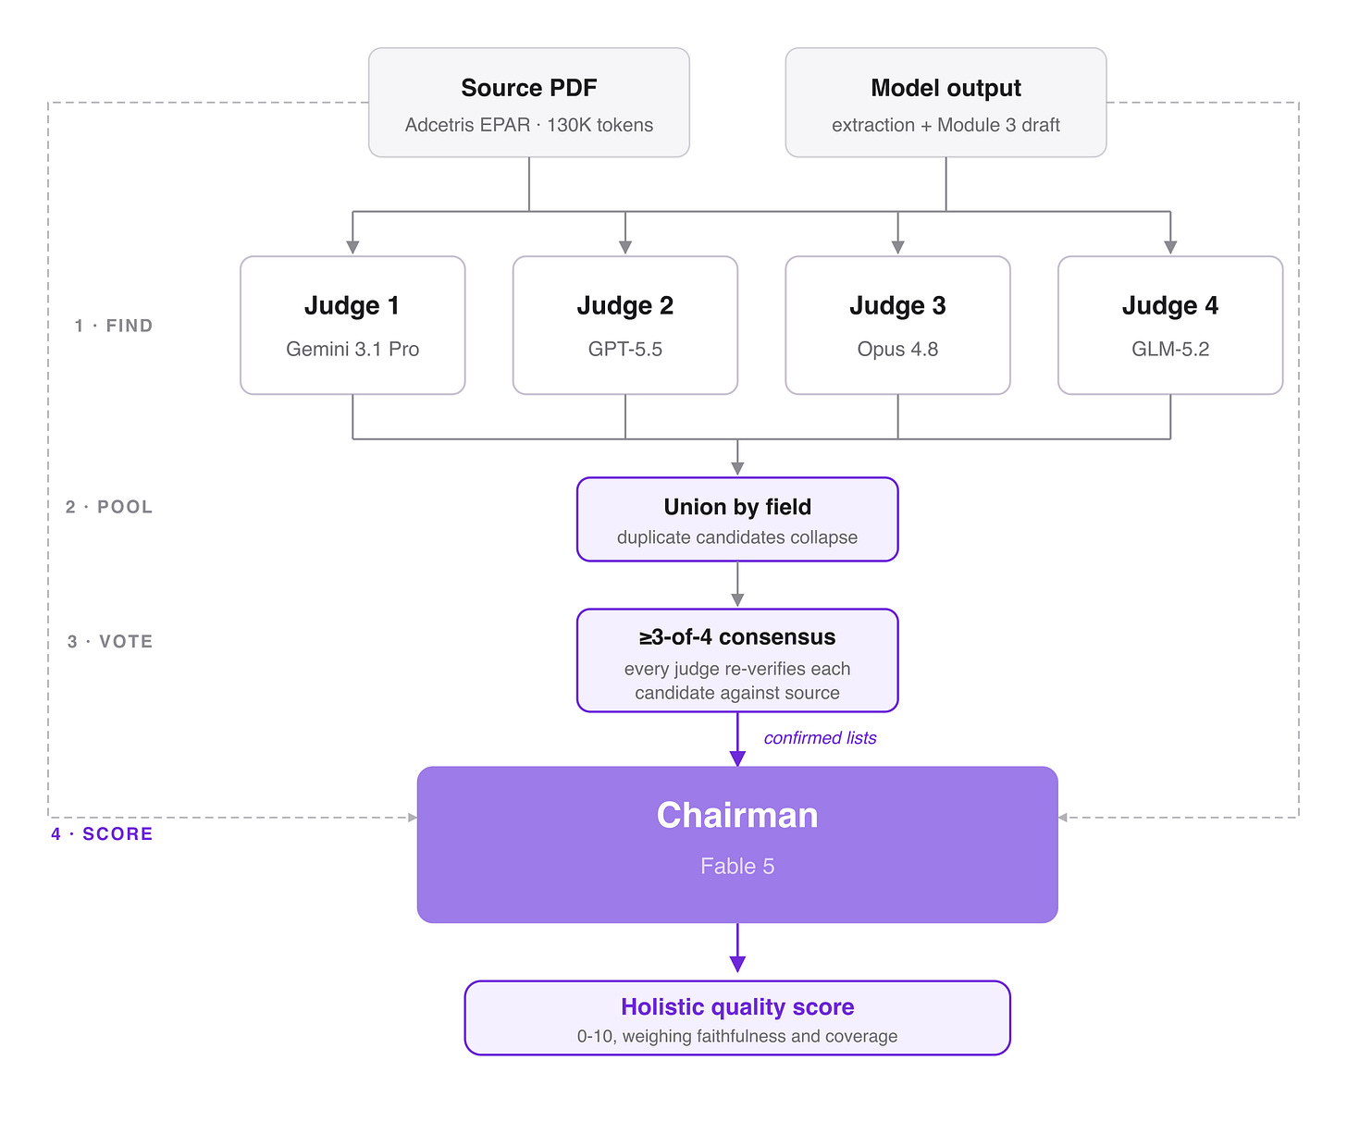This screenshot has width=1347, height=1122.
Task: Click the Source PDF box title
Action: (x=528, y=88)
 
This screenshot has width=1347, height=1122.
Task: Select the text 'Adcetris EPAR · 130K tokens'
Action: (x=528, y=125)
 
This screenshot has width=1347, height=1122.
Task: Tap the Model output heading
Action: (x=945, y=88)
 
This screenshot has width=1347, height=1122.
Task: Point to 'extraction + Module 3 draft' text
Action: (x=945, y=125)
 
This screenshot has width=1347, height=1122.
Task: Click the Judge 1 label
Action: (x=352, y=305)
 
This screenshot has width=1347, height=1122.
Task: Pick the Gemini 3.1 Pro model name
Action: (x=352, y=349)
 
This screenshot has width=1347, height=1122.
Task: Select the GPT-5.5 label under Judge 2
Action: (x=624, y=349)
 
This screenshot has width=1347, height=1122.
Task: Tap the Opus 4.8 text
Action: (x=896, y=349)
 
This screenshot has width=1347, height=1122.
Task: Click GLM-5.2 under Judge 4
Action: (x=1169, y=349)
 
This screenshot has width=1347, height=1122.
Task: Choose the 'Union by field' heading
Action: (x=736, y=507)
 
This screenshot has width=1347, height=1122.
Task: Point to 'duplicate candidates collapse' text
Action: (x=736, y=536)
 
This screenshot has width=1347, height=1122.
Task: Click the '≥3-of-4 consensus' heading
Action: (x=736, y=636)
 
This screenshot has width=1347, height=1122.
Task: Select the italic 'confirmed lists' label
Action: (x=820, y=737)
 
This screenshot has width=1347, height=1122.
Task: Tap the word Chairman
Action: (x=736, y=815)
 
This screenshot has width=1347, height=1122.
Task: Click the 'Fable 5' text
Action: (x=736, y=866)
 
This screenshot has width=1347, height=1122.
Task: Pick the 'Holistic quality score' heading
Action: (x=736, y=1006)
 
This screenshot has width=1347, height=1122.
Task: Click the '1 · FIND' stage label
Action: (x=114, y=326)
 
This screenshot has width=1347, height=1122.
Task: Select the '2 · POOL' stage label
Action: (x=109, y=507)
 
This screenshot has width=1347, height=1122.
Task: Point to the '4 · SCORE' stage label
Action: (x=102, y=833)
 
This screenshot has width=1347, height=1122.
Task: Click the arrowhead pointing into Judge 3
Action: (x=896, y=247)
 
